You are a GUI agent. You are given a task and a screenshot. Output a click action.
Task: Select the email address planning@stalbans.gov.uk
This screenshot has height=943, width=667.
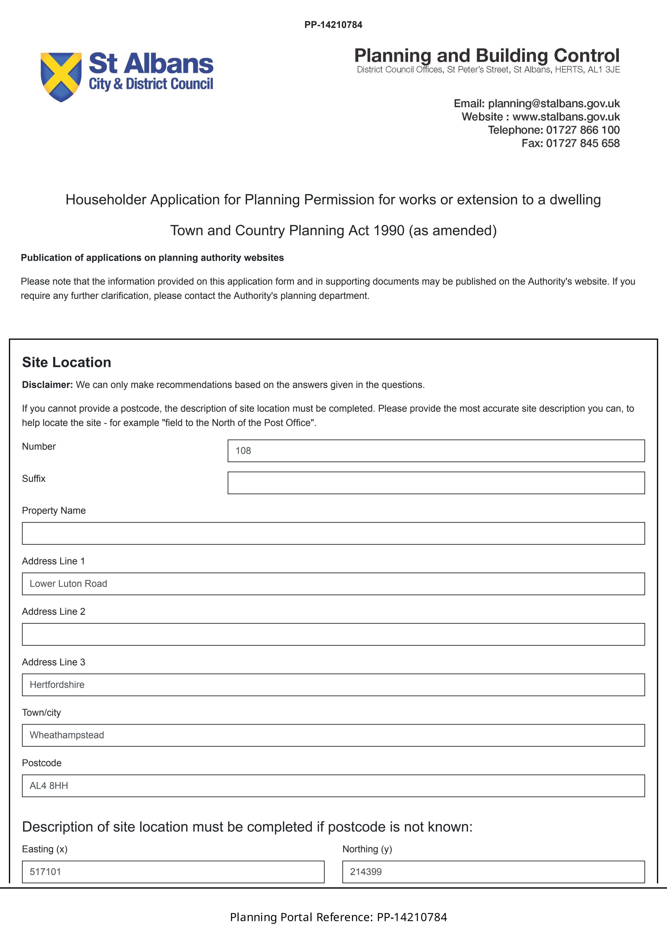(553, 104)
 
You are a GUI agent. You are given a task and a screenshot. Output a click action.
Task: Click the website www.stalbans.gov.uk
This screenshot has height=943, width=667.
(566, 117)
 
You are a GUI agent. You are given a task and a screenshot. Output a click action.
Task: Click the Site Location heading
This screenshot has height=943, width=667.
(67, 362)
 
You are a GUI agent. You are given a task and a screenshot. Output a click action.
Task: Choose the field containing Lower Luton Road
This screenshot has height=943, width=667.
(333, 584)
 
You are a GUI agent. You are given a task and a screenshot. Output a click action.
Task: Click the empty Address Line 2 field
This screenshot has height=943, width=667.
(333, 634)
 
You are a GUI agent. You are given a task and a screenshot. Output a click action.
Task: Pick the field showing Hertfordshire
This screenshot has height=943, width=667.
(333, 685)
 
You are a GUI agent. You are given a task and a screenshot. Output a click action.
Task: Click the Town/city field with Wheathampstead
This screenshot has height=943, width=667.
(333, 735)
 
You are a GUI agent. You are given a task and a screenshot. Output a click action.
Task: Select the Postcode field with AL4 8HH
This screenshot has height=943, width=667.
(333, 786)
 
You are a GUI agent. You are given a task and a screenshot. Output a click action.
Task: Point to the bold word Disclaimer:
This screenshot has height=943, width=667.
(47, 385)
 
